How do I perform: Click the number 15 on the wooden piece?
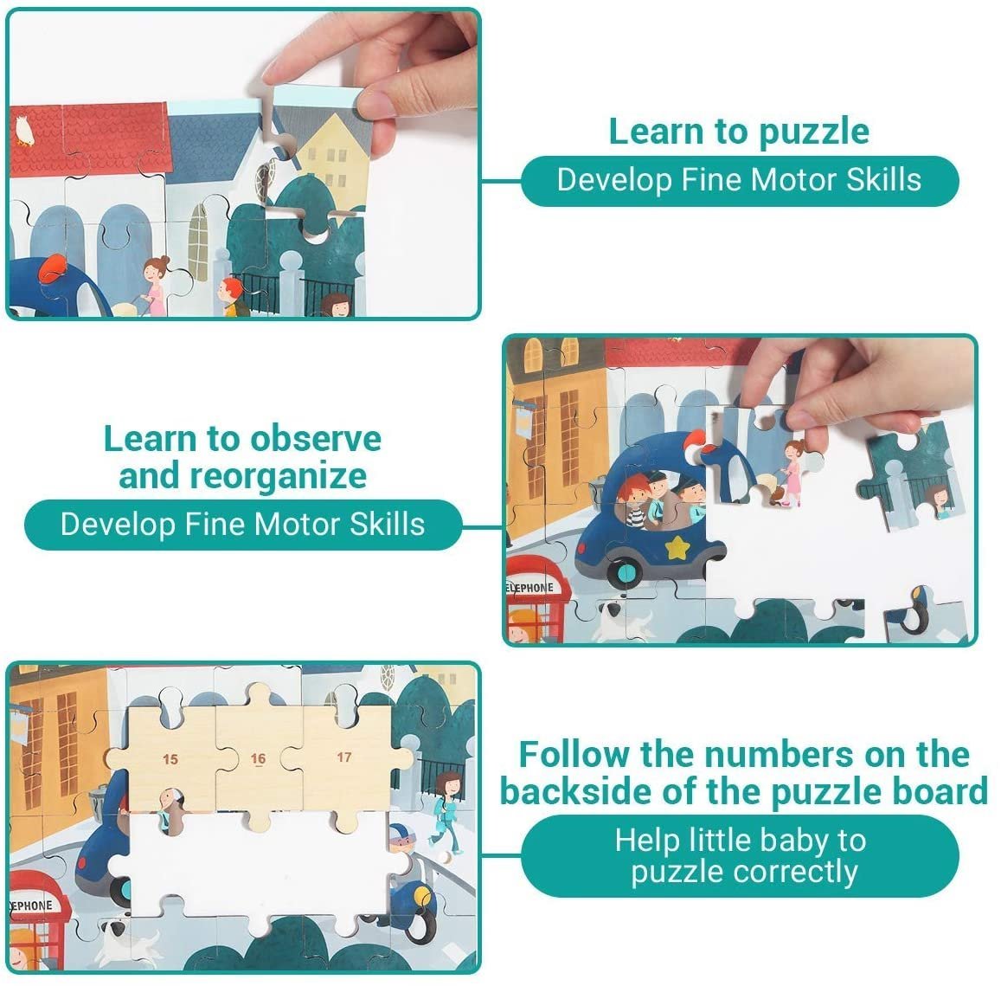click(170, 759)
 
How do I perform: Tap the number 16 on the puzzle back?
click(258, 758)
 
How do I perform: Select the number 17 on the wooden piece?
click(344, 757)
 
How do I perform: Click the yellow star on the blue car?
click(676, 547)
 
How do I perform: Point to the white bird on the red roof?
click(24, 130)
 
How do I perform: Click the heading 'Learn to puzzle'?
click(739, 132)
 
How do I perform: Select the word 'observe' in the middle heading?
click(316, 440)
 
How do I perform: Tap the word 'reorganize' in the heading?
click(278, 476)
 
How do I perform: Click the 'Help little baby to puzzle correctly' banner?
click(740, 856)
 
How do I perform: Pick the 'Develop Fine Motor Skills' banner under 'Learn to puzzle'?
click(740, 181)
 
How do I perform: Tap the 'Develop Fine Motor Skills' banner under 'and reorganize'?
click(243, 525)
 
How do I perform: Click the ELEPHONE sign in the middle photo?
click(529, 587)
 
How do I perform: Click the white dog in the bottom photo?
click(128, 941)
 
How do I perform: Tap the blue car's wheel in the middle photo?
click(625, 571)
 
